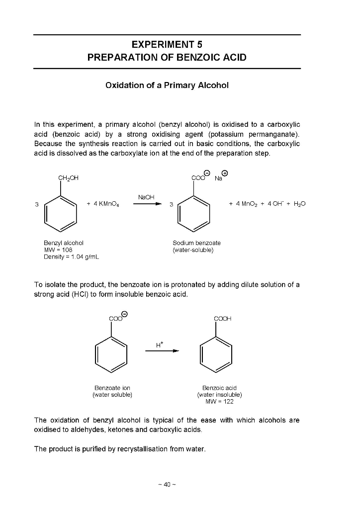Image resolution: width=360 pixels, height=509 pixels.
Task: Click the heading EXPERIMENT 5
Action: [x=167, y=44]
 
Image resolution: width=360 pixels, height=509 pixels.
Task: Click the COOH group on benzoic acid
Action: [x=221, y=319]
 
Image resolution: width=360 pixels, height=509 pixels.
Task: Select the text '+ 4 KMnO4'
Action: [x=102, y=204]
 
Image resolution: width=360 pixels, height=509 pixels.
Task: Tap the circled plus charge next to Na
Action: [x=225, y=173]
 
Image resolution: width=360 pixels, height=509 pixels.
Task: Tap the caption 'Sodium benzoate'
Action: [x=196, y=243]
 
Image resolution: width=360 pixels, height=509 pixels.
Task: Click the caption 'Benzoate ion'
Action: [x=112, y=388]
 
